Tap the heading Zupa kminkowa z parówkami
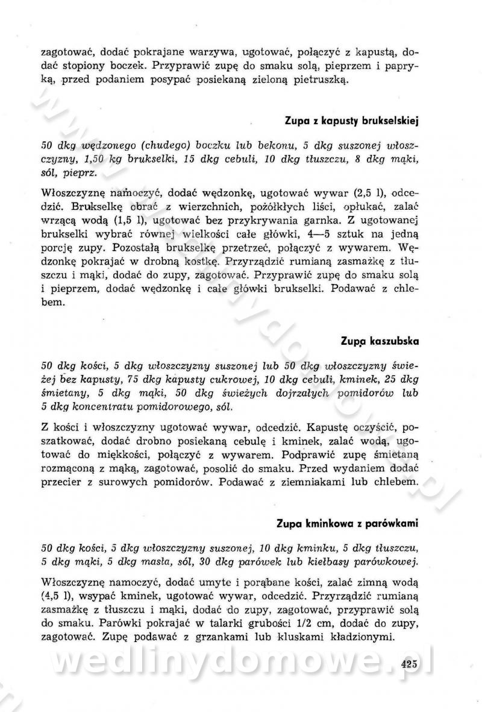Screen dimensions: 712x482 pos(347,523)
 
